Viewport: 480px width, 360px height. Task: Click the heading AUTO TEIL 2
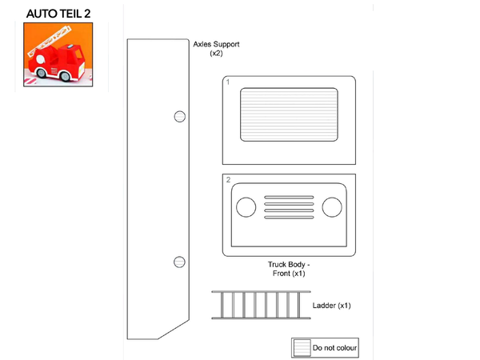pos(58,14)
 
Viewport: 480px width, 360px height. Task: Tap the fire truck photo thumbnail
pos(58,54)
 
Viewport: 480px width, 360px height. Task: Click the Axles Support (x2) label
pos(216,48)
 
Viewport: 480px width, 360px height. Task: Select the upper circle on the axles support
pos(180,117)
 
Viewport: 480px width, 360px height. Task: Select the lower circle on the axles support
pos(179,262)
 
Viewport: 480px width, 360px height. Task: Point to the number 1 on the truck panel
pos(228,82)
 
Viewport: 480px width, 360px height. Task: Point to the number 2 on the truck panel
pos(228,180)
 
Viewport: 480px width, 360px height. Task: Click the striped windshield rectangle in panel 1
pos(289,114)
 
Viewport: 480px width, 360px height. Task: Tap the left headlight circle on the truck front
pos(246,207)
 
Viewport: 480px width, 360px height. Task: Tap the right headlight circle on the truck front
pos(332,207)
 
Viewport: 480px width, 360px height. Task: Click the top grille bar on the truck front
pos(289,197)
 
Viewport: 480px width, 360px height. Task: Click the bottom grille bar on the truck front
pos(289,218)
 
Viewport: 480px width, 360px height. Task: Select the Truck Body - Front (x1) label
pos(289,269)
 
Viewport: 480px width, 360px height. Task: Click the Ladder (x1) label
pos(331,306)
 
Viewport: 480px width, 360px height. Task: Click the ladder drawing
pos(261,305)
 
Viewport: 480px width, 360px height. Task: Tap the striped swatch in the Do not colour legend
pos(302,348)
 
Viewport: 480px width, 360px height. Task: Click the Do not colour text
pos(334,348)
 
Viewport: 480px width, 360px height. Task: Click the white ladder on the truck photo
pos(49,41)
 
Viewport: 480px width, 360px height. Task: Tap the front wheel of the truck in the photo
pos(65,76)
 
